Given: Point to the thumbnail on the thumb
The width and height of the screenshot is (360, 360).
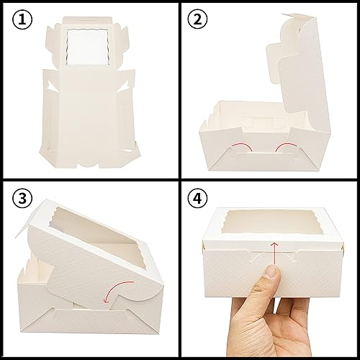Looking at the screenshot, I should point(269,271).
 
